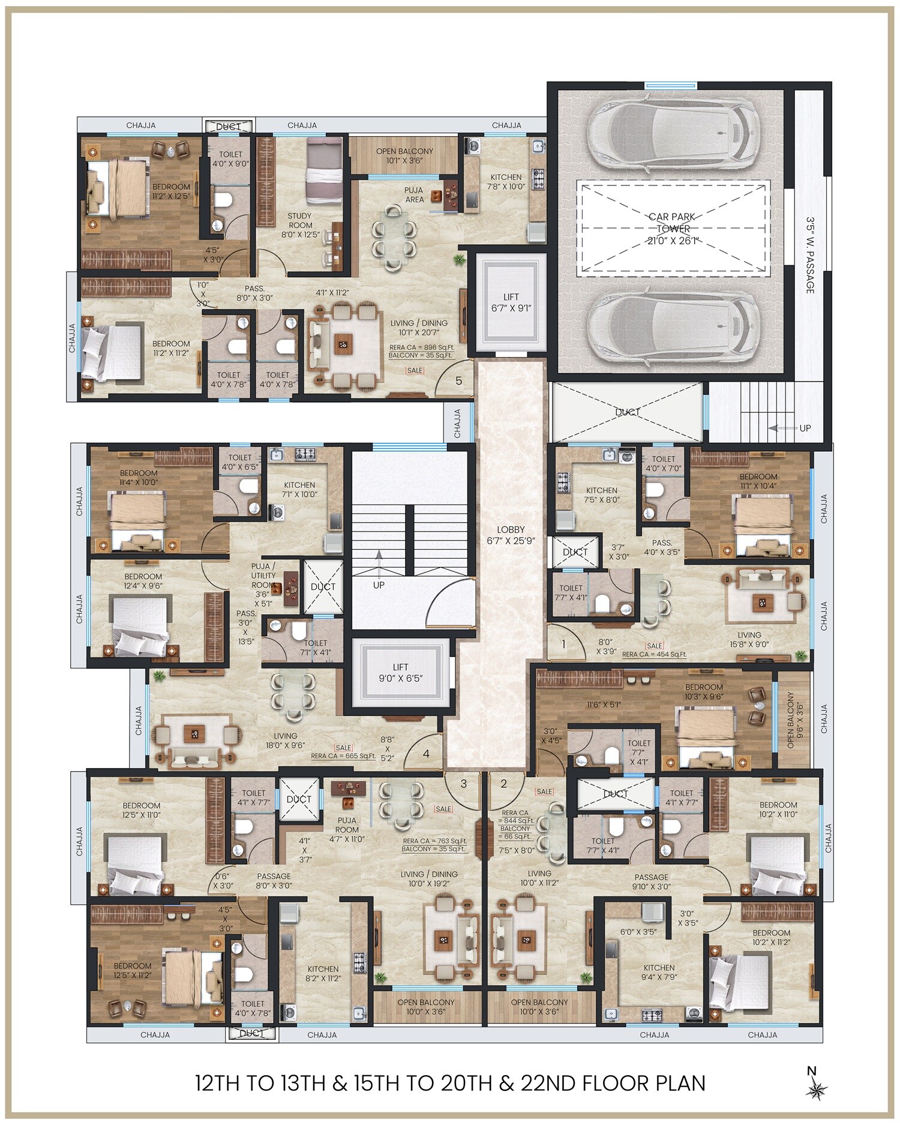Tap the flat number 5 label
point(458,381)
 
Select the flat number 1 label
point(563,645)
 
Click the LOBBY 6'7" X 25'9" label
point(511,535)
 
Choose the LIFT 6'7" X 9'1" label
point(511,302)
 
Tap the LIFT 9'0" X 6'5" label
point(400,672)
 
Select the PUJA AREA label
point(414,194)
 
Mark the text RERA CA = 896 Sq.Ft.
point(422,347)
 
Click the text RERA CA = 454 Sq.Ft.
point(654,655)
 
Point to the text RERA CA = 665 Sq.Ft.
point(343,756)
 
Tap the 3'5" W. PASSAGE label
point(810,255)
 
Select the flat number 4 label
point(426,754)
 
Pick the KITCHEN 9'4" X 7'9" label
point(659,972)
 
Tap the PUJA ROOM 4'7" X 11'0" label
point(347,829)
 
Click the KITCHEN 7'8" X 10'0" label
point(506,181)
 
